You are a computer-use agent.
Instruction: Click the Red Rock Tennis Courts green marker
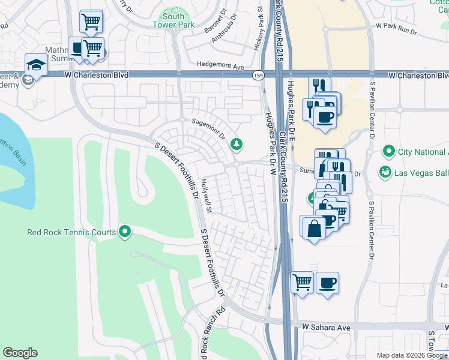coord(125,231)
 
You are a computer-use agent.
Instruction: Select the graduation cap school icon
coord(36,65)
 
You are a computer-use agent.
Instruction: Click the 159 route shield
coord(258,75)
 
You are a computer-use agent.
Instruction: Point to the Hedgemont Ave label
coord(221,67)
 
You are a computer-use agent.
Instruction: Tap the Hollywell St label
coord(206,196)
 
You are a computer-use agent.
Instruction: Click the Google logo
coord(20,353)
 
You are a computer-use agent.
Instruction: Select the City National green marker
coord(390,151)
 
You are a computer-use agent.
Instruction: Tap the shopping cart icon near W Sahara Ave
coord(302,282)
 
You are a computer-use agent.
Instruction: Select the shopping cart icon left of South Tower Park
coord(91,22)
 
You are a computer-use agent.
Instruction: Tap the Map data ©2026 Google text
coord(411,355)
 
